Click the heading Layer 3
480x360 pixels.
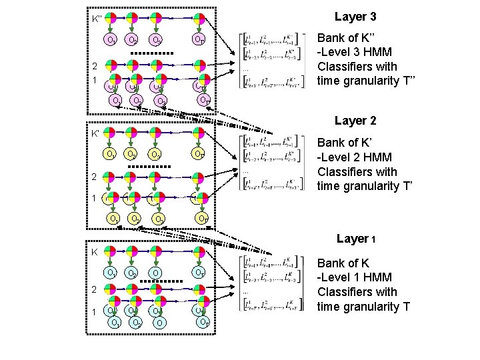coord(355,16)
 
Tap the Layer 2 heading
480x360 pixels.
coord(355,121)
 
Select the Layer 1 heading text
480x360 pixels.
coord(357,239)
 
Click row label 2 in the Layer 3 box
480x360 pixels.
coord(95,66)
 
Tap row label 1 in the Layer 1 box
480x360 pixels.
coord(95,311)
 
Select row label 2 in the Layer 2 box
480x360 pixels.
coord(95,178)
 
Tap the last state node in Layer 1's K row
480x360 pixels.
coord(198,252)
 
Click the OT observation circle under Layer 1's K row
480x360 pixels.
coord(199,273)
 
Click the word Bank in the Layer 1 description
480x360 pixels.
coord(331,263)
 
